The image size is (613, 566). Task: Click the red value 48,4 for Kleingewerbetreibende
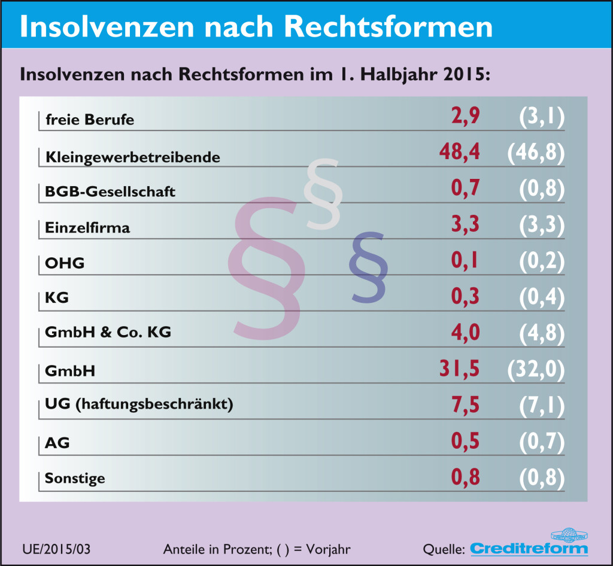[x=460, y=153]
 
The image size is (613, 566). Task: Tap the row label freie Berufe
[x=90, y=120]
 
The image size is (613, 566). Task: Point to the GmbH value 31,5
[x=460, y=369]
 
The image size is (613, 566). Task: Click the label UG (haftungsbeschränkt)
[x=139, y=405]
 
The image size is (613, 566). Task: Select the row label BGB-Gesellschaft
[x=110, y=192]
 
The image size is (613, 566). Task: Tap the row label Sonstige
[x=75, y=478]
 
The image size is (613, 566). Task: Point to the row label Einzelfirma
[x=87, y=228]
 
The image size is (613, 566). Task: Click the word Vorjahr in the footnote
[x=327, y=549]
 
